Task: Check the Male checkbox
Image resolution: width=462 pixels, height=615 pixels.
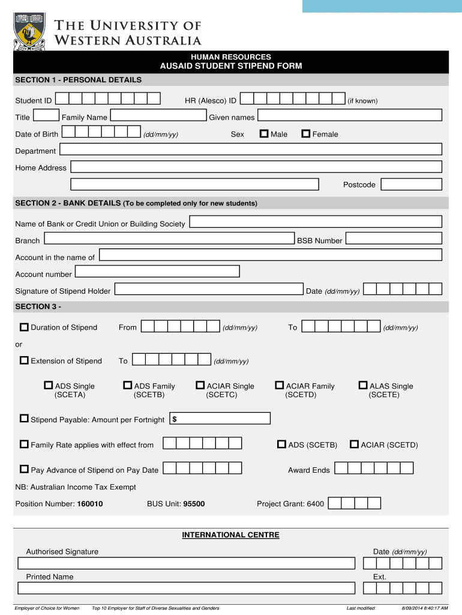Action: pos(264,134)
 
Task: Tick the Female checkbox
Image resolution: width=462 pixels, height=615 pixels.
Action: pos(306,134)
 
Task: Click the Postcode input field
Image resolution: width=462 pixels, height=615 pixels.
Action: pos(411,184)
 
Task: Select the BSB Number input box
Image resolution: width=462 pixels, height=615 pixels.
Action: pos(394,240)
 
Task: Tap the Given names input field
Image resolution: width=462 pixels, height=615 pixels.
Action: pos(350,115)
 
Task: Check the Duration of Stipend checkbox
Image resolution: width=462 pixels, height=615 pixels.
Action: pos(24,327)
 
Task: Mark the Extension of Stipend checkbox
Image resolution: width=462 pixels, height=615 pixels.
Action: pos(24,361)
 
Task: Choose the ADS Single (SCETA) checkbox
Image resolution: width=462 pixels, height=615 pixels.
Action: pos(49,386)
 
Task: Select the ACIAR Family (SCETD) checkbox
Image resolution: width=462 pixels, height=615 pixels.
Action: pos(280,386)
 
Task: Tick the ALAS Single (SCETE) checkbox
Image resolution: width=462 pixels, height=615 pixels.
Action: pos(363,386)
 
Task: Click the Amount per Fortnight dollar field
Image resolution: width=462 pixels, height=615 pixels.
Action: pos(220,419)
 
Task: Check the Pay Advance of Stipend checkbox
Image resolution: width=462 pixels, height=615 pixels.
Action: pos(24,470)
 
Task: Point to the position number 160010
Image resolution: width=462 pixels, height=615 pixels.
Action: pos(90,504)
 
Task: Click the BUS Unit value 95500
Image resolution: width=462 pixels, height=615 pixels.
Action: pos(194,504)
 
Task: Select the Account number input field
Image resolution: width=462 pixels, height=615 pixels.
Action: pos(157,272)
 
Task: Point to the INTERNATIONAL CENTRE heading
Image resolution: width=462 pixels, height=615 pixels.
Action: pos(230,535)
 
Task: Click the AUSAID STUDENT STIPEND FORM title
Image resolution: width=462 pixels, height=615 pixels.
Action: pos(230,66)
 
